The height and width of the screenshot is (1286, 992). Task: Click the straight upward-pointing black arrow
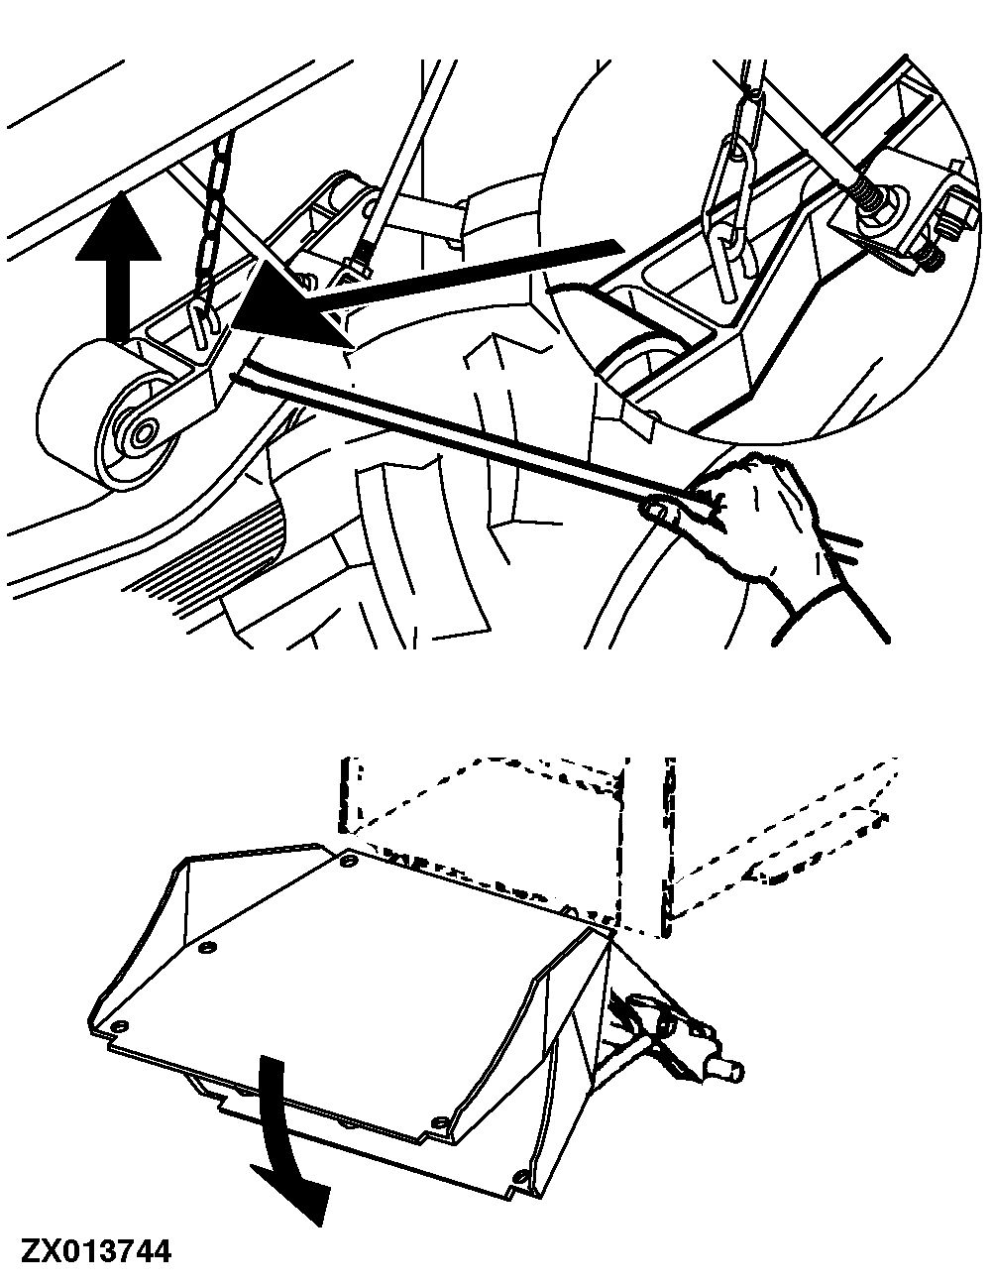tap(118, 267)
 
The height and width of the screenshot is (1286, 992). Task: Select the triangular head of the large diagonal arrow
tap(289, 307)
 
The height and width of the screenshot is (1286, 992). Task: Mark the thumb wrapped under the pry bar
tap(660, 506)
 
